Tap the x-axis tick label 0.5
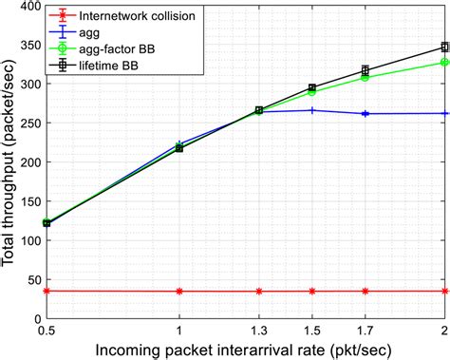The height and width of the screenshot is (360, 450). click(47, 332)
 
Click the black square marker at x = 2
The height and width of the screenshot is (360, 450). click(444, 47)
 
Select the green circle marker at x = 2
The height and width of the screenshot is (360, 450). click(444, 63)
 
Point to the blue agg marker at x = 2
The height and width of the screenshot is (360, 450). click(444, 113)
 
